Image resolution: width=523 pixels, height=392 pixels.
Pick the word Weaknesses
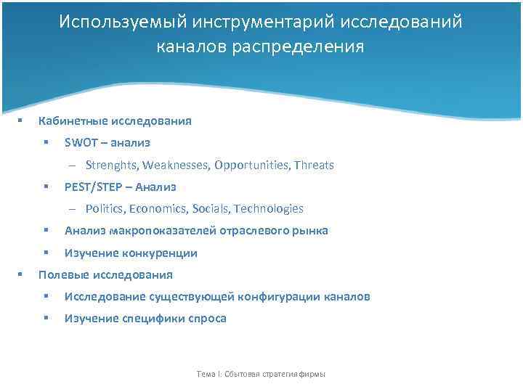click(174, 166)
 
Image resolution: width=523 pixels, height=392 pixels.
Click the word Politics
click(105, 209)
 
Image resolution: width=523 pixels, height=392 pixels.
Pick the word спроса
click(208, 319)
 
